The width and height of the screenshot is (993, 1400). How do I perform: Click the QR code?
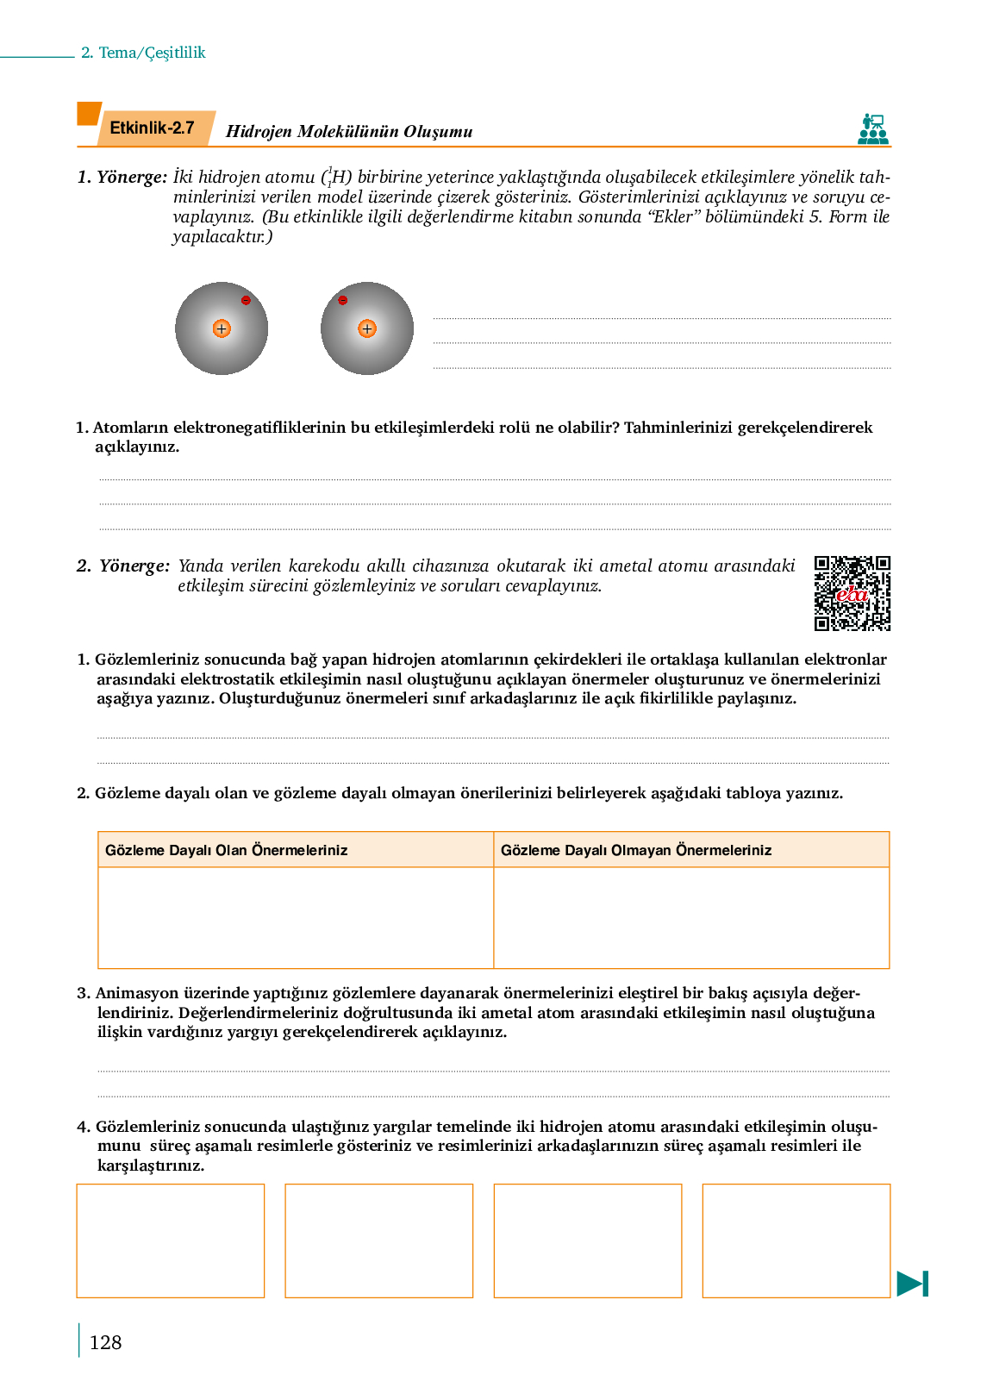852,593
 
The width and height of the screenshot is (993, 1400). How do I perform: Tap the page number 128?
105,1342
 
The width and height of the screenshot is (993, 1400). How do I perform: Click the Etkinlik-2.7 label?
152,128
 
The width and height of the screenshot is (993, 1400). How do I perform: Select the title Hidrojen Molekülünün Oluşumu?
349,132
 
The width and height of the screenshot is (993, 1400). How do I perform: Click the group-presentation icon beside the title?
872,129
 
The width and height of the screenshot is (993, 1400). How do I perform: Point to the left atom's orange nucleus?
222,328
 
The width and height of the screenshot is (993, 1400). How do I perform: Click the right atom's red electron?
343,300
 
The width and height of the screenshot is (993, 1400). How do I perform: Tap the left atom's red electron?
246,300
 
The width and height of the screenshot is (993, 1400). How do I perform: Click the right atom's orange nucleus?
367,328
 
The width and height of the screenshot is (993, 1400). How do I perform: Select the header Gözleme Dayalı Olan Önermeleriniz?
226,850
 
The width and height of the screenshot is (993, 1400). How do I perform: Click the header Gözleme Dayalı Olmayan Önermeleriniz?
636,850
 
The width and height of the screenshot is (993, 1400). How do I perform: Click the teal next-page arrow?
912,1284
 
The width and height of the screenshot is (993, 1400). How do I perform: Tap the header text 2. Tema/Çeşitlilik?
143,53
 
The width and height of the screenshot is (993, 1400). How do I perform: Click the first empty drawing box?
171,1241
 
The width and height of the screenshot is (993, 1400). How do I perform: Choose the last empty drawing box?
796,1241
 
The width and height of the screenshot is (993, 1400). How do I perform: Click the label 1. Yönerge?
122,178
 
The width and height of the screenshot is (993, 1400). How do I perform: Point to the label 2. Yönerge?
123,566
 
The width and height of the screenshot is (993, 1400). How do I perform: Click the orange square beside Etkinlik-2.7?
89,114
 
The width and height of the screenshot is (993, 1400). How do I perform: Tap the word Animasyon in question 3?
137,993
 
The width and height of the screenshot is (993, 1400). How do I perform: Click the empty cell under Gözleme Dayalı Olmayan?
691,917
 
